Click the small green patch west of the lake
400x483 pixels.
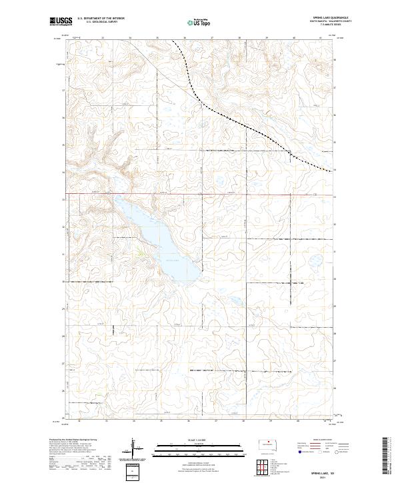(141, 251)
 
